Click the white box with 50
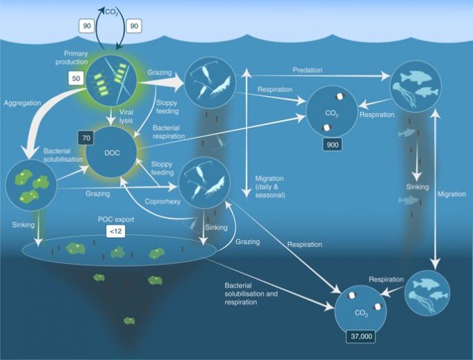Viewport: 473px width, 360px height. [x=76, y=79]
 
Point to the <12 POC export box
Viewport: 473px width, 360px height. [x=115, y=230]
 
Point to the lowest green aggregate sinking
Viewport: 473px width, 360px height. [x=129, y=320]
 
